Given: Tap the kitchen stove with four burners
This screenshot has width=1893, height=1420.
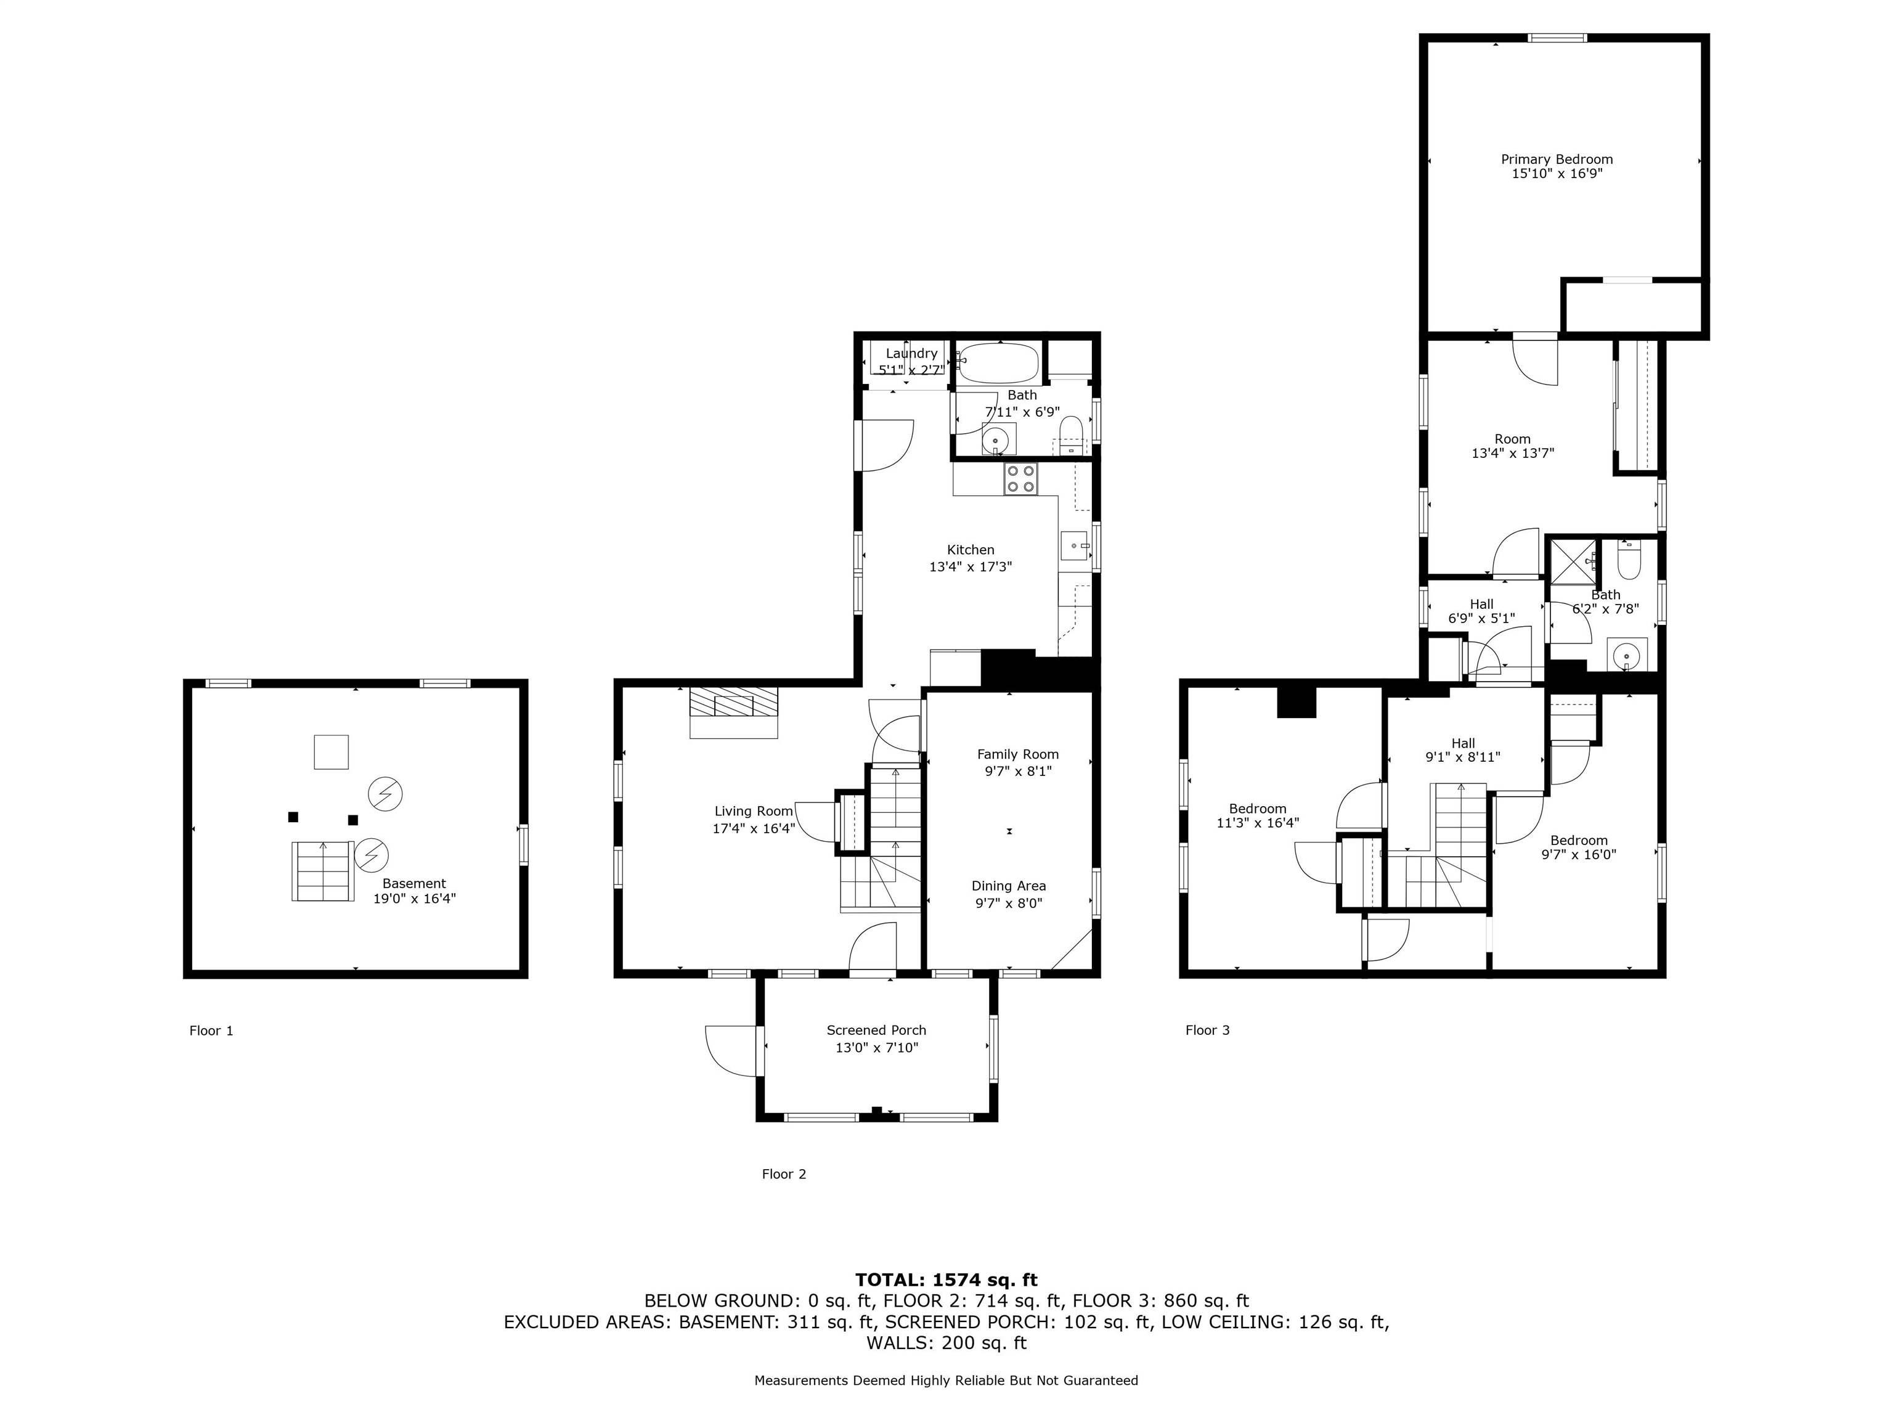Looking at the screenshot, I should click(x=1020, y=478).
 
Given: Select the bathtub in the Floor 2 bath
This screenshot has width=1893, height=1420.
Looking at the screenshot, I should click(x=998, y=363).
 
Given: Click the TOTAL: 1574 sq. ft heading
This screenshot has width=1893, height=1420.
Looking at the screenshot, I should click(x=946, y=1279).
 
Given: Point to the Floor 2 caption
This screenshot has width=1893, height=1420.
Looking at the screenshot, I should click(x=784, y=1174).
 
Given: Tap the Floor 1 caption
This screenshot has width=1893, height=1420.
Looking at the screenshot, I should click(x=211, y=1030).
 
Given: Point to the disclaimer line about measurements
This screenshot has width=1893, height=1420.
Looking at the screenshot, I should click(x=946, y=1380).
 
